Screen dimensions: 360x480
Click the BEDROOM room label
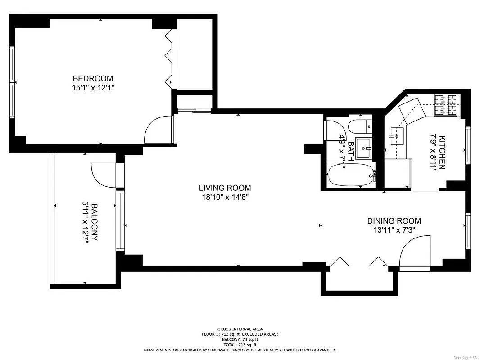coord(93,78)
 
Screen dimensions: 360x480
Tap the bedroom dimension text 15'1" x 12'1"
coord(93,88)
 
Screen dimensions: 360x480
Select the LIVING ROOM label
coord(225,188)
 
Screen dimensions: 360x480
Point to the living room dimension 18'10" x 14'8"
coord(225,197)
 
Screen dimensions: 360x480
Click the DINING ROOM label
coord(394,220)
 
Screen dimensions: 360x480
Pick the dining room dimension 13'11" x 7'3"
coord(394,229)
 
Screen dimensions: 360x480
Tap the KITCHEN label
coord(442,152)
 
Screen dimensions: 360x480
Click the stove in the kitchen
coord(446,104)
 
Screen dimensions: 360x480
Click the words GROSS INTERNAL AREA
coord(240,329)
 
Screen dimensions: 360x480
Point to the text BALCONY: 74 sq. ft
coord(240,339)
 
